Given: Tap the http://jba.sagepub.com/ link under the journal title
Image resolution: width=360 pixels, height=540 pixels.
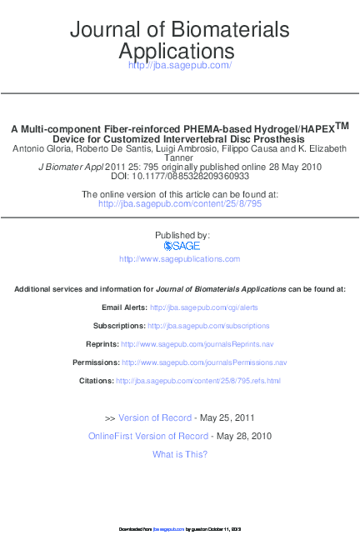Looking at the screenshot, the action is (180, 65).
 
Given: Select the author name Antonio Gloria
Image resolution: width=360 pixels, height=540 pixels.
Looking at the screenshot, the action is (40, 148).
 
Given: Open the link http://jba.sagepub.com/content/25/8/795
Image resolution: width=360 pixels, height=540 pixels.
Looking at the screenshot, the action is (180, 203).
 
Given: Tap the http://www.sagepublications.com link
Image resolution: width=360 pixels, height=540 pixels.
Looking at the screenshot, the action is (180, 259).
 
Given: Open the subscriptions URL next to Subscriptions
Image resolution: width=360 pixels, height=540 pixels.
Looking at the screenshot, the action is (217, 326).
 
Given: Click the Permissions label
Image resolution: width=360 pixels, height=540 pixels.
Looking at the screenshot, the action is (96, 362).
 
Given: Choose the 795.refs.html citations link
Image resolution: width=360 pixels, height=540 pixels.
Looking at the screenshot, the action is (198, 381).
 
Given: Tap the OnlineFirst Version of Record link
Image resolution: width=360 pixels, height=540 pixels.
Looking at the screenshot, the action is (148, 436).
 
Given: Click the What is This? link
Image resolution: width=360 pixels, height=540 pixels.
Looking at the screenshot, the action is (180, 454).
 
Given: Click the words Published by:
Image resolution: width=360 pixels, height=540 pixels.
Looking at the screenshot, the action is (180, 236).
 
